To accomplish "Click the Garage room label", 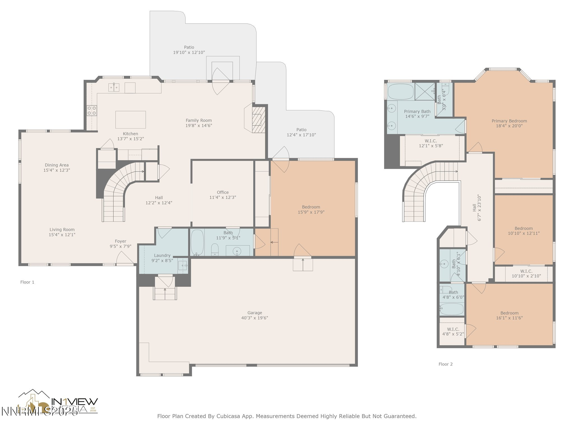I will click(x=254, y=313).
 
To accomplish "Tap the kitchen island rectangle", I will click(x=131, y=120).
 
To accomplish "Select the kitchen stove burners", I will click(x=92, y=110).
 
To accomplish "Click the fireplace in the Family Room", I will click(x=258, y=120).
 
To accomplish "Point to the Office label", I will click(x=223, y=192).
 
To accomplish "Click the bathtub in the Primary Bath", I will click(x=401, y=91).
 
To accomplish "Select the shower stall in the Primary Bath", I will click(x=425, y=91).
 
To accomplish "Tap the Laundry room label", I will click(x=162, y=255).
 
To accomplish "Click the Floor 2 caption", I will click(x=445, y=364).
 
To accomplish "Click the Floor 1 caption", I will click(x=27, y=282).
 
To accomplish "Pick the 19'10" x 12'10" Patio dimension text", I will click(x=189, y=52).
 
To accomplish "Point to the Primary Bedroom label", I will click(x=509, y=121).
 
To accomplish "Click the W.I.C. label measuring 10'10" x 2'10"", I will click(x=526, y=271).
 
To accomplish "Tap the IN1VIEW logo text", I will click(x=74, y=402).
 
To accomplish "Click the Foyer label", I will click(x=121, y=241).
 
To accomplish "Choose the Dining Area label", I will click(x=57, y=165).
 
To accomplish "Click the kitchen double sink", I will click(x=114, y=88).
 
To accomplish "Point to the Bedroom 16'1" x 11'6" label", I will click(x=509, y=313).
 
